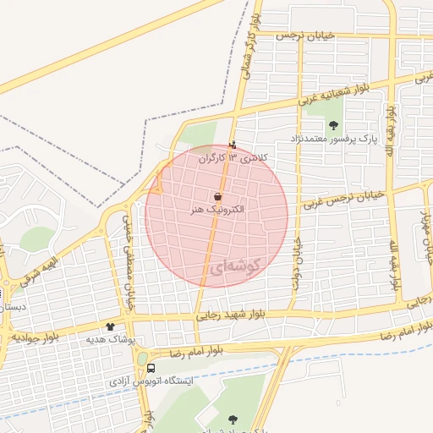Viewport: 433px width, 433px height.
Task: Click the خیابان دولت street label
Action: click(x=297, y=262)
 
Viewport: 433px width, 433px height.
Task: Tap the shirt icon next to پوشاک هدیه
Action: click(x=109, y=326)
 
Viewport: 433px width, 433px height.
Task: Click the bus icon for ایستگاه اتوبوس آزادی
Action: click(x=151, y=369)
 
